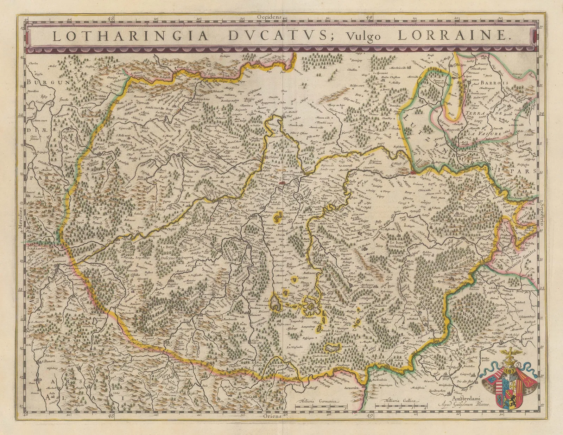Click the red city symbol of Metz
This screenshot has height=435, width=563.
pos(413,172)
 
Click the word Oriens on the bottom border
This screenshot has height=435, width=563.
pos(272,416)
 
